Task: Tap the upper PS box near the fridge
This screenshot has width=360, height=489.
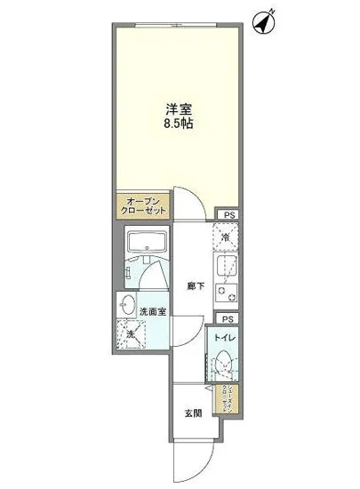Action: pyautogui.click(x=229, y=214)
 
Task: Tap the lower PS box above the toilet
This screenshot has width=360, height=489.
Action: pyautogui.click(x=228, y=318)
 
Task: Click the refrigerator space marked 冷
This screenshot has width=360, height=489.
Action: pyautogui.click(x=227, y=236)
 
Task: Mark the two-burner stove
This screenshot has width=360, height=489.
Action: pyautogui.click(x=226, y=294)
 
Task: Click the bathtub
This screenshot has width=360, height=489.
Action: pyautogui.click(x=143, y=243)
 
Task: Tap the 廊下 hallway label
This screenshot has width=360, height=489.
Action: pyautogui.click(x=195, y=286)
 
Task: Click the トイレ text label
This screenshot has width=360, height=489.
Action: pyautogui.click(x=224, y=339)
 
